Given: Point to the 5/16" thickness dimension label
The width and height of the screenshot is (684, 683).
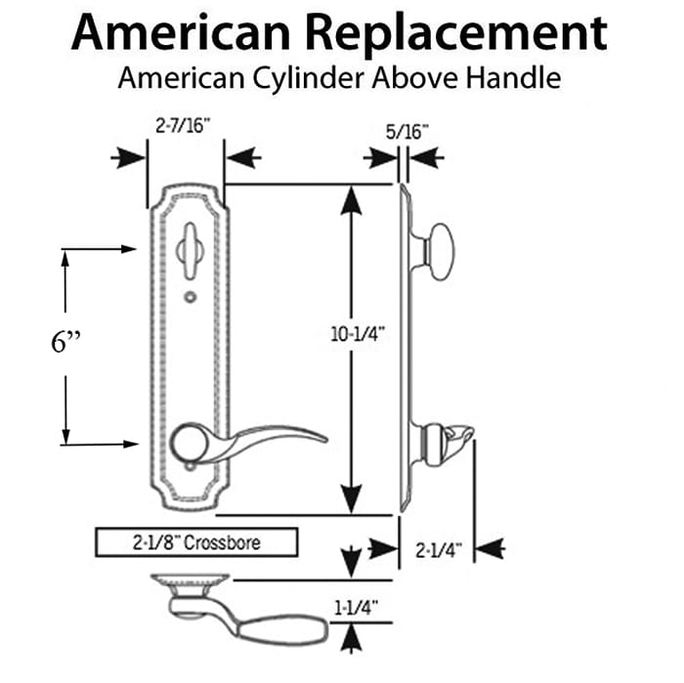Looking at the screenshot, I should [x=404, y=129].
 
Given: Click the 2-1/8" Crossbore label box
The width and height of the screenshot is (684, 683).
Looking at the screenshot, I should [x=194, y=540].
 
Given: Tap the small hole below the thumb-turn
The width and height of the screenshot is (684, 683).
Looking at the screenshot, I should [x=188, y=295].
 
